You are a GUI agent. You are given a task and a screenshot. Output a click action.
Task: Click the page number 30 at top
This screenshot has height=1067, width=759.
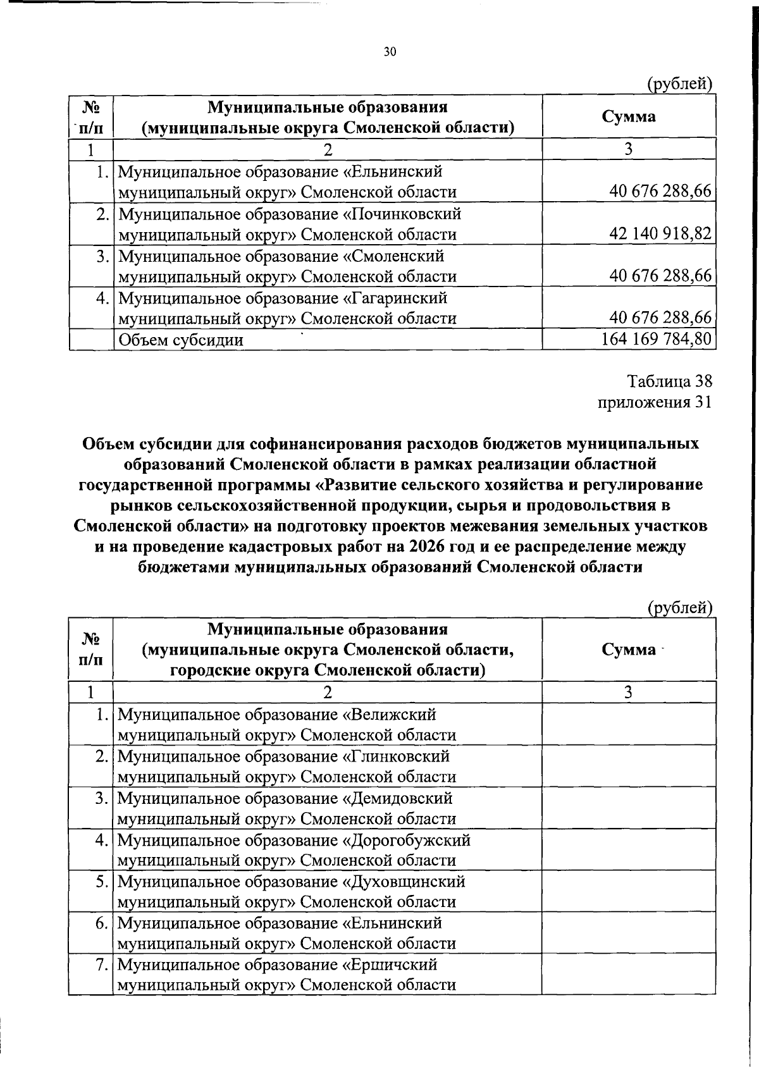[x=390, y=52]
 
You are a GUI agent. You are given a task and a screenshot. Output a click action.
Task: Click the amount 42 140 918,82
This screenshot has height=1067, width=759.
[x=660, y=234]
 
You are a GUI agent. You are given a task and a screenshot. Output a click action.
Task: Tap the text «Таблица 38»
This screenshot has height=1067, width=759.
[x=669, y=381]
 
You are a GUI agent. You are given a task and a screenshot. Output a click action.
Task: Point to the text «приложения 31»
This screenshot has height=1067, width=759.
[x=655, y=402]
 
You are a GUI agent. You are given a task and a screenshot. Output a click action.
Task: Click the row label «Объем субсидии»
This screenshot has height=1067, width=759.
[x=181, y=340]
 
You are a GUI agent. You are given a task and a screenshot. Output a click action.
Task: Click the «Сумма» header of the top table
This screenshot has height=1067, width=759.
[x=629, y=116]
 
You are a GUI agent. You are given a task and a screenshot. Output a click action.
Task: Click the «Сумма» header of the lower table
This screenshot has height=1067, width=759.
[x=629, y=650]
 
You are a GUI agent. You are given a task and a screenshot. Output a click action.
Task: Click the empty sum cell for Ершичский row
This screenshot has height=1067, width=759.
[x=629, y=975]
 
